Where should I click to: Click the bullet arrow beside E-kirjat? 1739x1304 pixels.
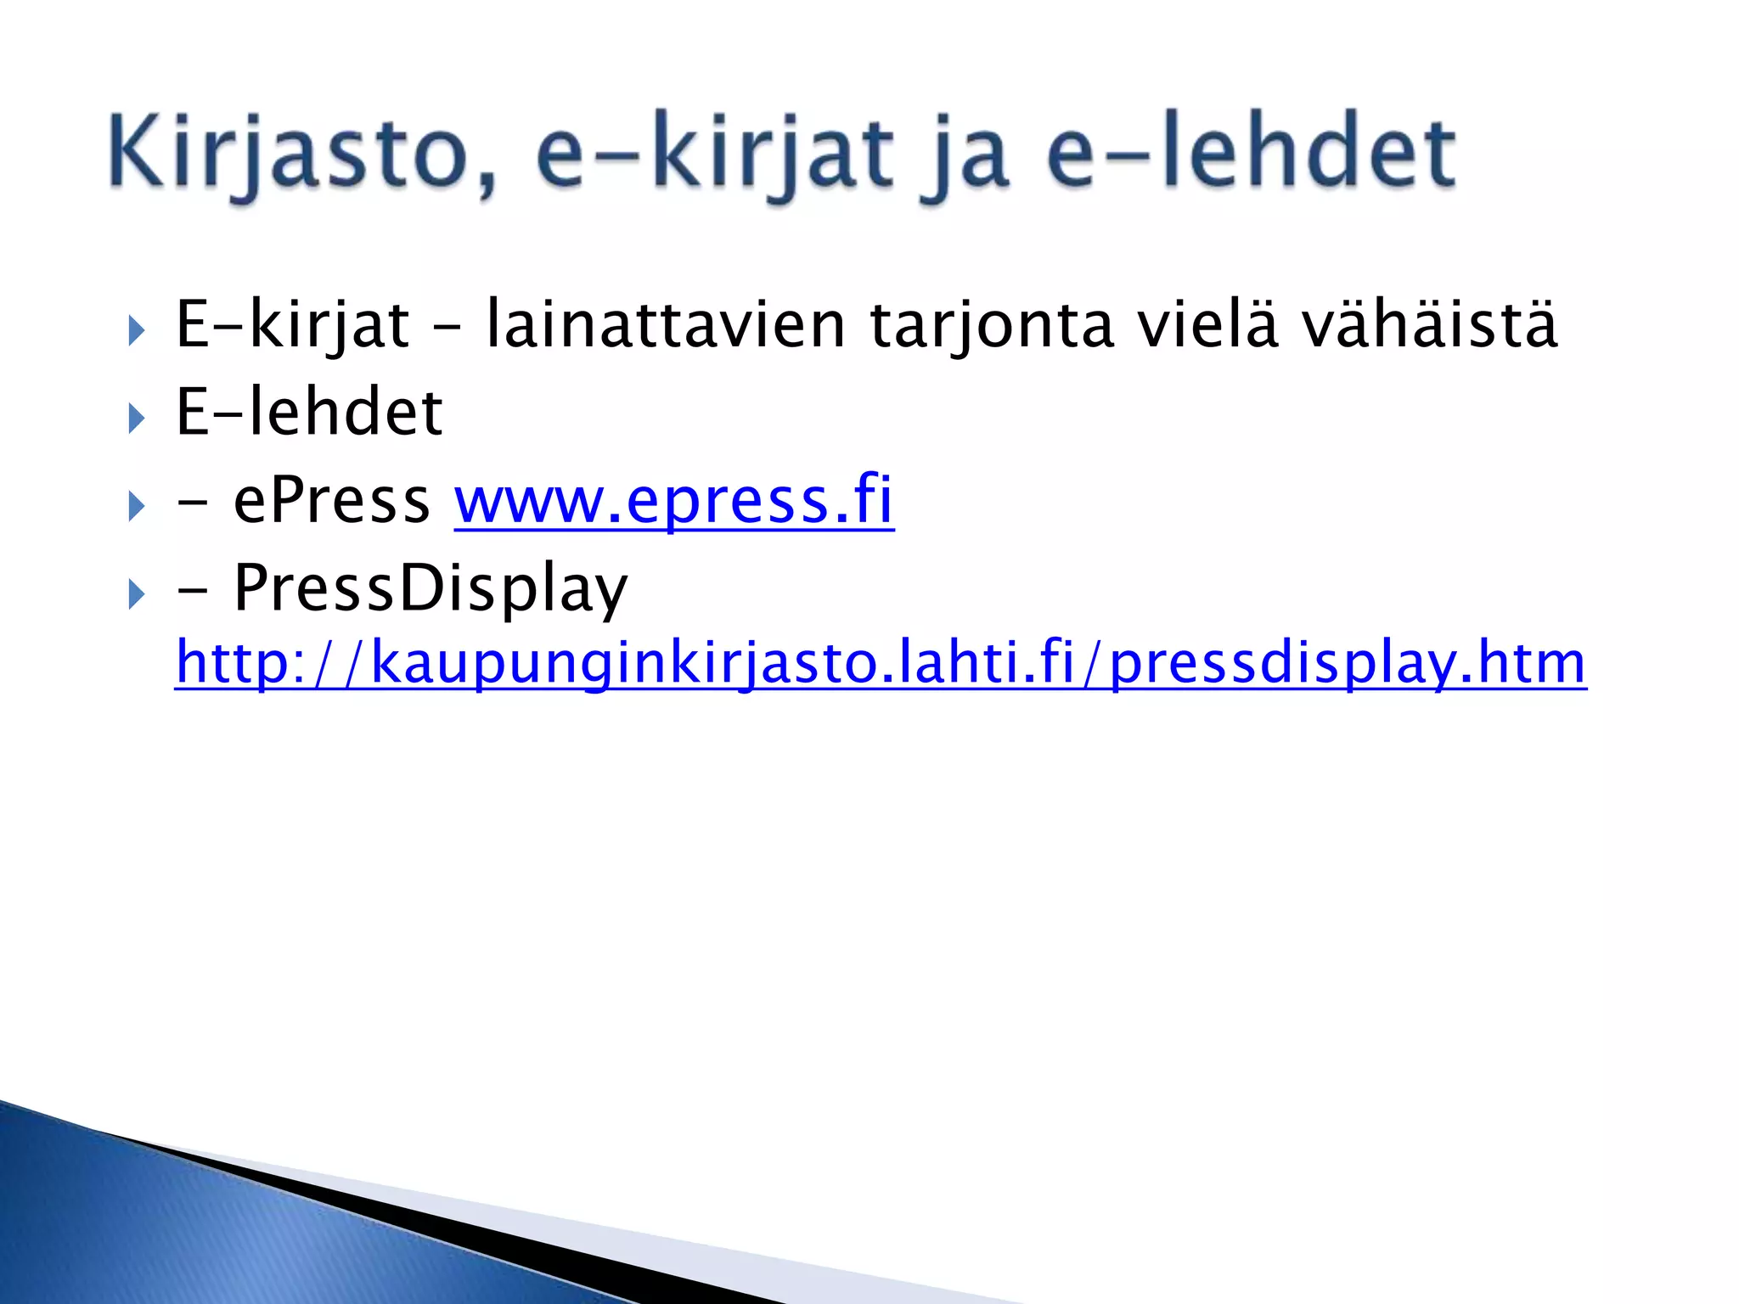[x=137, y=330]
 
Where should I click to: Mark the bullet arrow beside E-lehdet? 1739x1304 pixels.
[x=137, y=418]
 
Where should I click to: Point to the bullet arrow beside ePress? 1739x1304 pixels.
[x=137, y=507]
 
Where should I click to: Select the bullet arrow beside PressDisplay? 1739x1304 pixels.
[x=137, y=594]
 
